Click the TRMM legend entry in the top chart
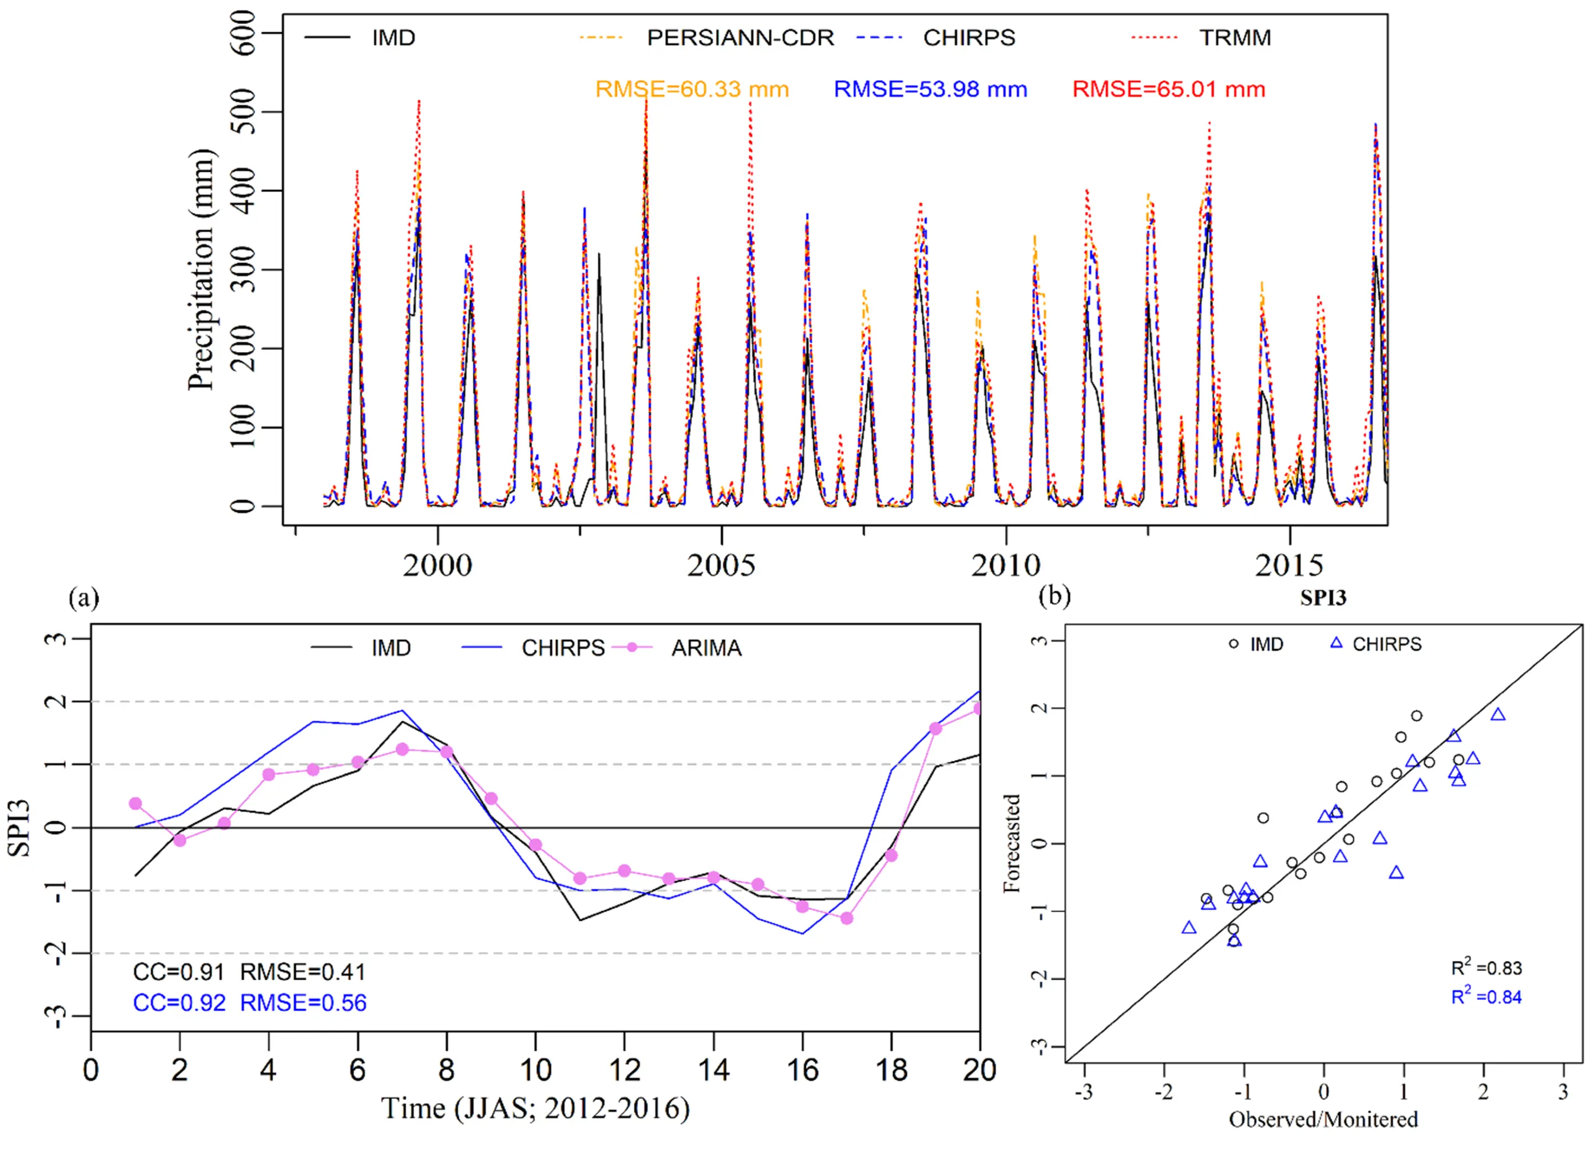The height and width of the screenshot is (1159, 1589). click(x=1234, y=37)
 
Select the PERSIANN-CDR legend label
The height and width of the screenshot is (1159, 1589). click(x=739, y=37)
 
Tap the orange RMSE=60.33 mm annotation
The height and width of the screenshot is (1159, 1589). click(x=692, y=89)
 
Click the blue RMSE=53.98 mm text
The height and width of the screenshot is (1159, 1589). click(x=930, y=89)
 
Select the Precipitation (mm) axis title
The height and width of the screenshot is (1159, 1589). click(x=201, y=270)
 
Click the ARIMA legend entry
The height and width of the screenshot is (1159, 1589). click(x=705, y=648)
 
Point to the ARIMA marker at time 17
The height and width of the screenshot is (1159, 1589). click(x=847, y=918)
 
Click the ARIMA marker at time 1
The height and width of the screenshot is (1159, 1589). click(x=136, y=803)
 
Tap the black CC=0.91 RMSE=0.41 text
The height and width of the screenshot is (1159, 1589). click(x=250, y=972)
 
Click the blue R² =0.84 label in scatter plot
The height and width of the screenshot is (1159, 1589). click(x=1486, y=997)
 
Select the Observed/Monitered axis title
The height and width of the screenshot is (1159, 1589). click(x=1323, y=1119)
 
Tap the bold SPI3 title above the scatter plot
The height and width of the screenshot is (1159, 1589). click(x=1323, y=597)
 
